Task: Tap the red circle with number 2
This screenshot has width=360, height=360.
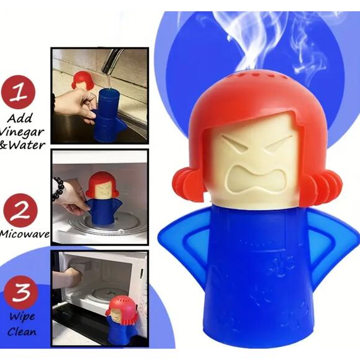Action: click(x=20, y=210)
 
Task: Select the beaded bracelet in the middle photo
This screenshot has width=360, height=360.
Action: click(x=58, y=188)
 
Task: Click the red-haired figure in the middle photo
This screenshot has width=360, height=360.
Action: click(x=101, y=199)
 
